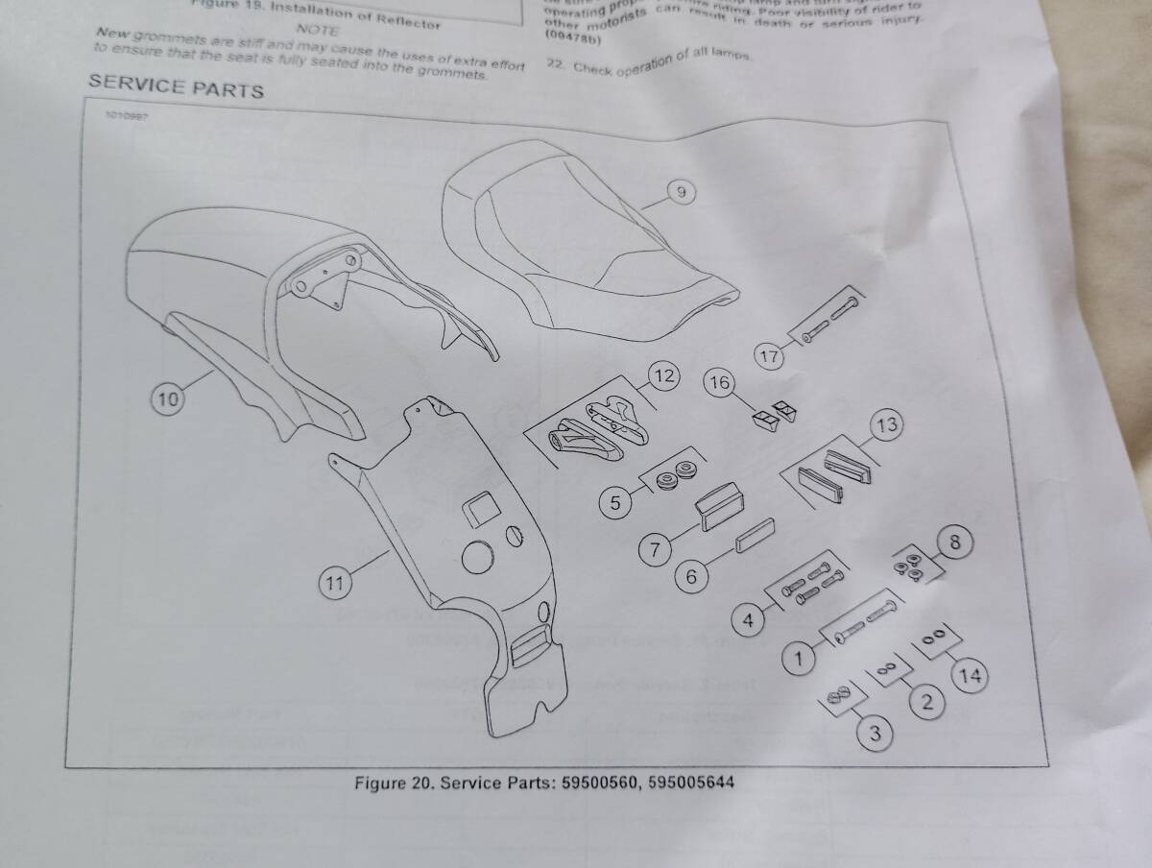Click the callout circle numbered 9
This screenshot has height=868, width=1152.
click(x=681, y=193)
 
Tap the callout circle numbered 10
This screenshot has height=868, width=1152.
click(x=168, y=400)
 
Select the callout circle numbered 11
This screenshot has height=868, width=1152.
click(x=334, y=583)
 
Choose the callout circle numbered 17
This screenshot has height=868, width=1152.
click(x=771, y=356)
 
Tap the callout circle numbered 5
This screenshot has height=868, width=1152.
click(x=615, y=500)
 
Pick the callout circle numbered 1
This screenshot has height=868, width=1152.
click(x=796, y=660)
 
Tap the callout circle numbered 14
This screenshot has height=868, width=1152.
click(x=972, y=676)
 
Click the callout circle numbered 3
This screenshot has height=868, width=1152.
click(x=875, y=735)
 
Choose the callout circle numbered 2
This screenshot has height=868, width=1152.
click(x=926, y=703)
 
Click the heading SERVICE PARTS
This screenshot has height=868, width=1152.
click(x=176, y=88)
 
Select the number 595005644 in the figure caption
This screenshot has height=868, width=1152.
click(x=691, y=782)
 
